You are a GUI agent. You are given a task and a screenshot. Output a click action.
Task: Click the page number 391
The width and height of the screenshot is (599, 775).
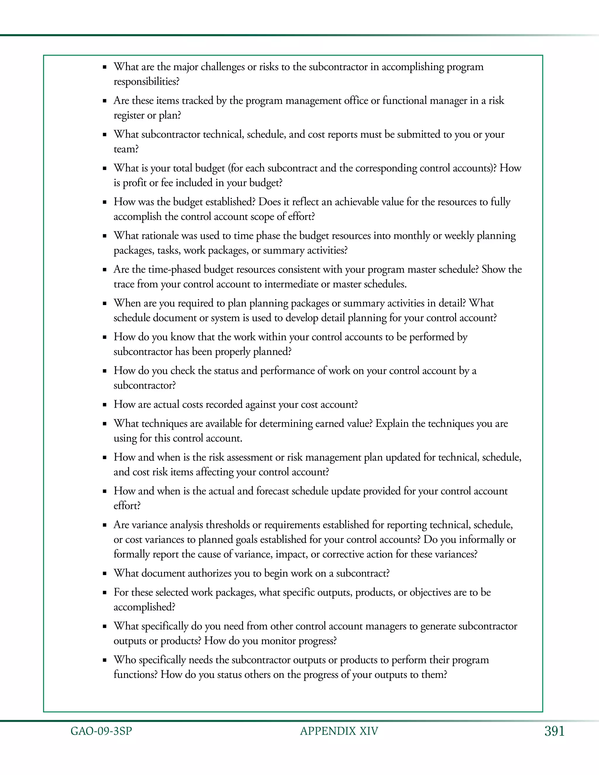click(x=554, y=731)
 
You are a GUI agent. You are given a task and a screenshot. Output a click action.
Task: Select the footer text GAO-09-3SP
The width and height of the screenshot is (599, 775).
click(x=101, y=731)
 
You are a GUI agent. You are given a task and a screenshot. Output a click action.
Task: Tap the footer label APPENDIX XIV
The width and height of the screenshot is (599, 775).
click(x=339, y=731)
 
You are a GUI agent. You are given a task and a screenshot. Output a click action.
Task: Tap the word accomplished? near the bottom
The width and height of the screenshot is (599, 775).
click(x=144, y=607)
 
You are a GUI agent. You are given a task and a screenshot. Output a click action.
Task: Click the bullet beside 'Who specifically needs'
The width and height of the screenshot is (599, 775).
click(x=105, y=661)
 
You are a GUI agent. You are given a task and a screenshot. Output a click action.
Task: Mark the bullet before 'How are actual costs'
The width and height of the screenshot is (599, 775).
click(x=105, y=405)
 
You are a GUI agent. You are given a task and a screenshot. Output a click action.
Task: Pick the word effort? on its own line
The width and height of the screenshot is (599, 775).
click(x=127, y=506)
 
